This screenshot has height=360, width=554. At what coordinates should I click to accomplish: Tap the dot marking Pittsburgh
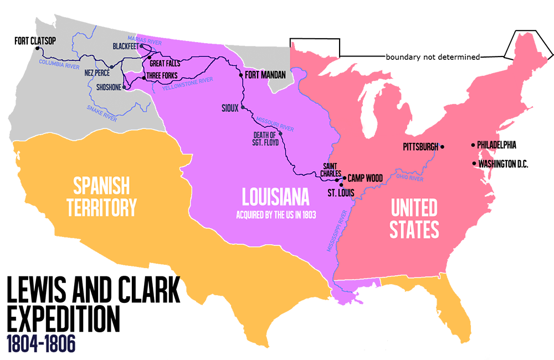442,147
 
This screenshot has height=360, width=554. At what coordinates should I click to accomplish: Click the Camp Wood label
365,178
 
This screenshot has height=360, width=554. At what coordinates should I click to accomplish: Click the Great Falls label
165,64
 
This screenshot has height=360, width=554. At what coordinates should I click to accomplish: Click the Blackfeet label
126,46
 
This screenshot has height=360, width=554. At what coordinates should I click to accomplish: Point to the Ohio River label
410,179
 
